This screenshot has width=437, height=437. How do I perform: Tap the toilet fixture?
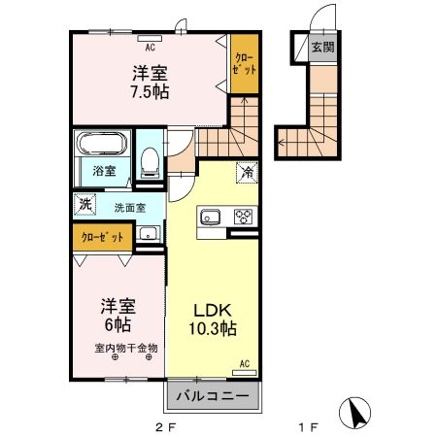pos(150,162)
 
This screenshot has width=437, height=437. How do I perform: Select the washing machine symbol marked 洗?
pos(85,204)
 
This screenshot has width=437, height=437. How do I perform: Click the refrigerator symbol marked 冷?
pos(248,172)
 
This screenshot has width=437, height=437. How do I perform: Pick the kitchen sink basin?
pos(211,217)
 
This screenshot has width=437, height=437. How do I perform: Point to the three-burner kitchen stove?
pos(243,216)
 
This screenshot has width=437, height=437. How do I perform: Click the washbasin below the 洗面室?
pos(149,233)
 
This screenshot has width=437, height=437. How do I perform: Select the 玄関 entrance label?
pos(322,48)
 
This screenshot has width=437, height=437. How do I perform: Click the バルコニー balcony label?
pos(213,395)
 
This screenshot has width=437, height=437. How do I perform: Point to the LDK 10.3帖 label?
pos(213,319)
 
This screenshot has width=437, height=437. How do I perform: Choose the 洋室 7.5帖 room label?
pos(150,83)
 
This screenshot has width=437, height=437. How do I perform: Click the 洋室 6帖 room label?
pos(118,316)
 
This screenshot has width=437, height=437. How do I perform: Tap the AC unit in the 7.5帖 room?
pos(150,38)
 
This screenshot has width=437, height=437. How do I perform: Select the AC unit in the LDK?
pos(245,373)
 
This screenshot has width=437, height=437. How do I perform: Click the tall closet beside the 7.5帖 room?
pos(245,64)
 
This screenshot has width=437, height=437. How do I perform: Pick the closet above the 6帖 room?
pos(103,237)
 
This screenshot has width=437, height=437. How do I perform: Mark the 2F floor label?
pos(165,428)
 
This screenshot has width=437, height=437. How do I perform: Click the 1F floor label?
pos(308,428)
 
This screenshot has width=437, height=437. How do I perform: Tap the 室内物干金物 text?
pos(126,348)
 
